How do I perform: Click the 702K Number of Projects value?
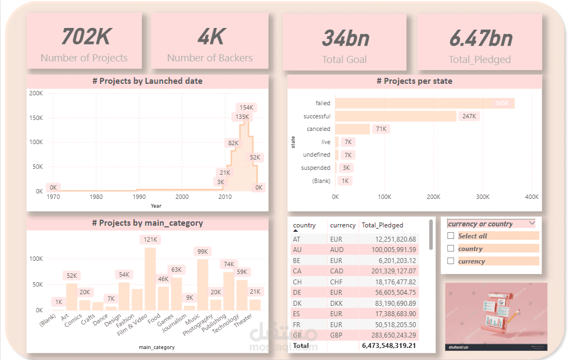[x=85, y=37]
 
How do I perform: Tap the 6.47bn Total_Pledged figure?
[x=480, y=38]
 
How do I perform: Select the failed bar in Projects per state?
[x=424, y=103]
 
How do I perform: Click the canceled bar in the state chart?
[x=352, y=129]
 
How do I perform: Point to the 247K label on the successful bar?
[x=469, y=116]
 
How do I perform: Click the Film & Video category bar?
[x=150, y=278]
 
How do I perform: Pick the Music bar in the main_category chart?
[x=202, y=284]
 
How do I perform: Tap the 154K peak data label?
[x=246, y=107]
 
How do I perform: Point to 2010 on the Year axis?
[x=225, y=197]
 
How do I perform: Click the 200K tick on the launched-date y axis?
[x=36, y=94]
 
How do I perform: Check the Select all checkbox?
[x=451, y=236]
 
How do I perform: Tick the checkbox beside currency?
[x=451, y=261]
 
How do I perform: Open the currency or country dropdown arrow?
[x=532, y=224]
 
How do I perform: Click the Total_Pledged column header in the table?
[x=382, y=225]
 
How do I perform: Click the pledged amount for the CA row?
[x=389, y=271]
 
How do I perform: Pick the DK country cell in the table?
[x=297, y=303]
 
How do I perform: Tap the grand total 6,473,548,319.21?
[x=389, y=346]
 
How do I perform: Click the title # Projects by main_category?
[x=147, y=223]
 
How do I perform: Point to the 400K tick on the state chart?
[x=531, y=197]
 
